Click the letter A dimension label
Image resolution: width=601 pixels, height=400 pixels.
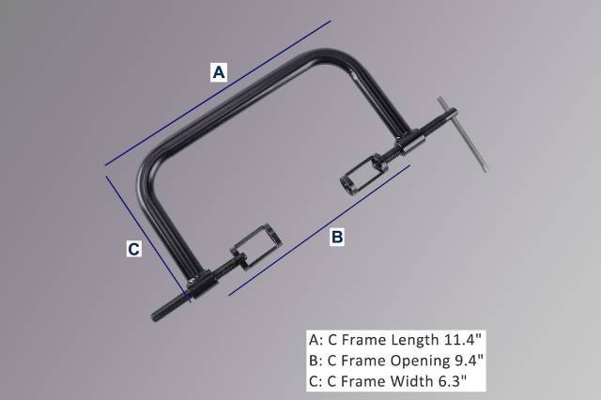218,71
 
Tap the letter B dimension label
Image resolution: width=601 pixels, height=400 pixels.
337,238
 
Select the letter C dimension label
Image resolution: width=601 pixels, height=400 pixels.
134,249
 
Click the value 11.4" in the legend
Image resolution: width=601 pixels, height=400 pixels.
461,339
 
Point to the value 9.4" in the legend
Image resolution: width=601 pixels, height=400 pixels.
467,360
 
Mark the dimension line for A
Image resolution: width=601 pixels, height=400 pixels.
216,91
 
